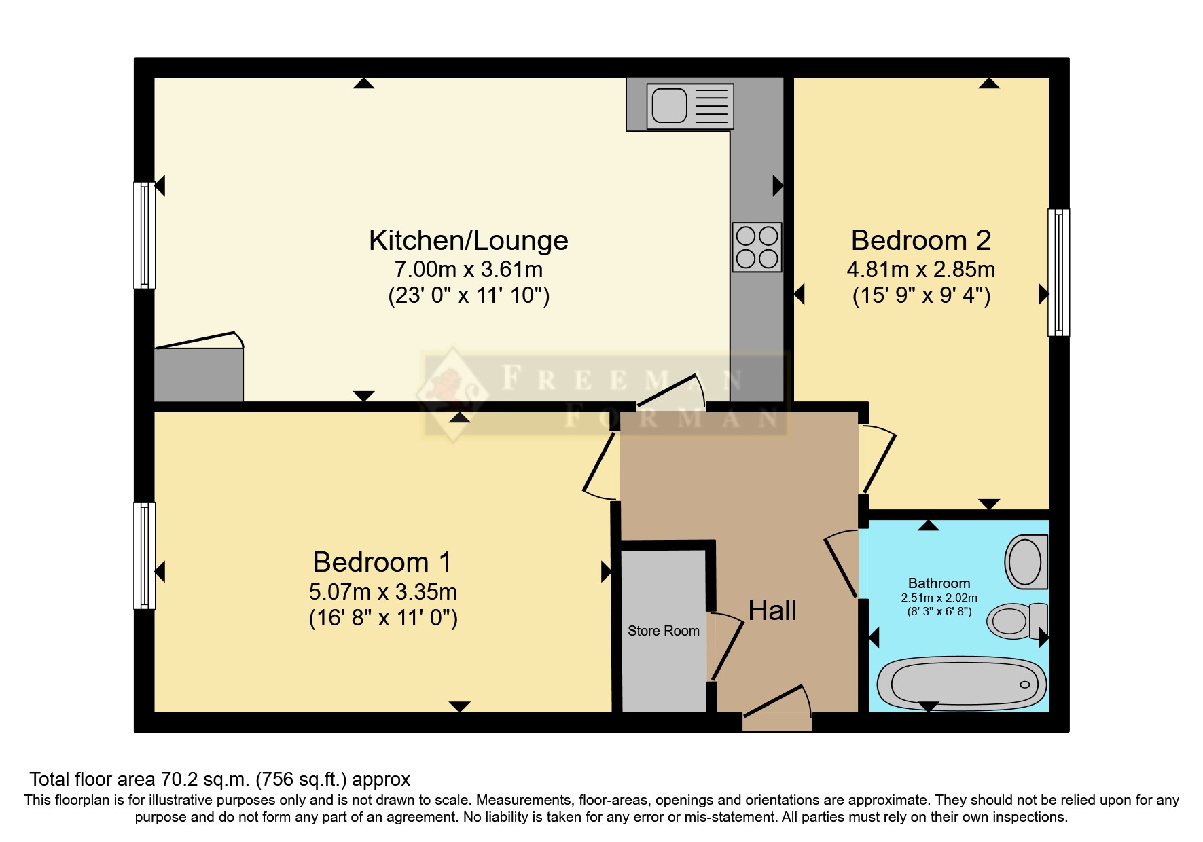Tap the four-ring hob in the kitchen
click(x=757, y=247)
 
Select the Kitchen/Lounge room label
click(x=468, y=240)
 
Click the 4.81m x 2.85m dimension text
click(x=920, y=270)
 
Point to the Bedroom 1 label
click(x=382, y=562)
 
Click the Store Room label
click(x=663, y=631)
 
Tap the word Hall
click(x=772, y=610)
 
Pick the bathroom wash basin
click(x=1026, y=562)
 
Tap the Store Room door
click(x=726, y=648)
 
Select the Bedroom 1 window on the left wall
click(x=144, y=555)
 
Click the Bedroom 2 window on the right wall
click(x=1058, y=272)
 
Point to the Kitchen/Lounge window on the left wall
click(x=144, y=235)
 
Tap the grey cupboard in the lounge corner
click(x=198, y=374)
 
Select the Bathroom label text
click(x=939, y=583)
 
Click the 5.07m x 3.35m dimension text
click(x=382, y=592)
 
